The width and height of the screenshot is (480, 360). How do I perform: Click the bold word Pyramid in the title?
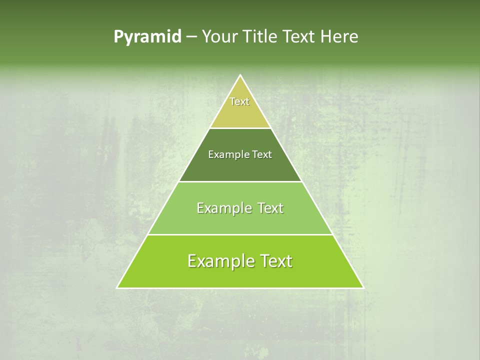[147, 37]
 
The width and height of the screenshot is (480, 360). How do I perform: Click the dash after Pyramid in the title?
[191, 37]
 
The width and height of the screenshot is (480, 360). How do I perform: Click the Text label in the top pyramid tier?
[239, 101]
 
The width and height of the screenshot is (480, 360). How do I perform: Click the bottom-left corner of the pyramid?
[117, 288]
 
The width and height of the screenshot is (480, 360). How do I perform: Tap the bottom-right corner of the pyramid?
[363, 288]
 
